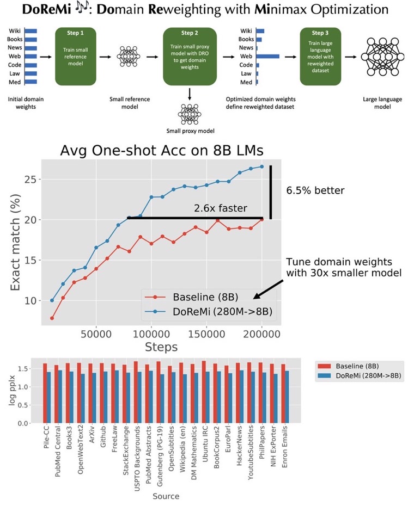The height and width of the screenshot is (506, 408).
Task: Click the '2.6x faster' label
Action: [x=221, y=208]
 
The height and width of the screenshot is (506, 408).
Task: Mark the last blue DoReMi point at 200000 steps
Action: [x=261, y=166]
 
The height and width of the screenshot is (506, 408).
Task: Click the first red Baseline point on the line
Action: [x=52, y=318]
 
